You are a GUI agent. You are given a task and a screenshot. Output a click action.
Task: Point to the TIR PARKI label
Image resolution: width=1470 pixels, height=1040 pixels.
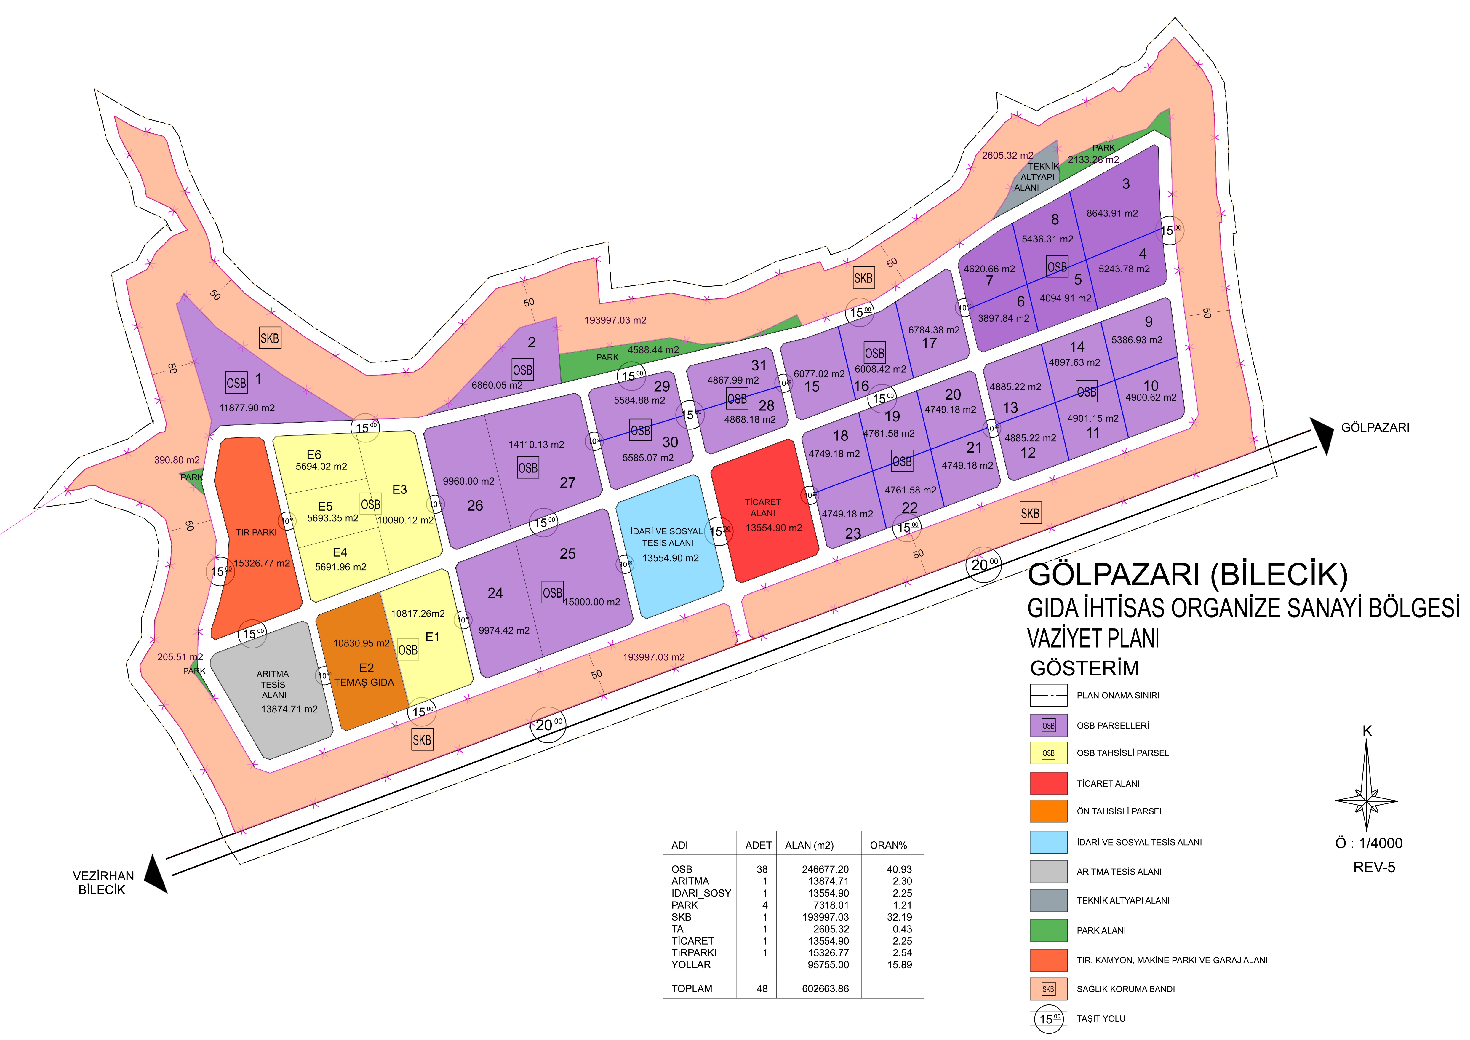256,532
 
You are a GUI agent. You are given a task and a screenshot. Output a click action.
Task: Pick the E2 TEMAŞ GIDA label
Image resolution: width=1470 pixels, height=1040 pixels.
364,676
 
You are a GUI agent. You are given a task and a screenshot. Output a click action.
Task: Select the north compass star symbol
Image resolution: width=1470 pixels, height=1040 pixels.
1366,801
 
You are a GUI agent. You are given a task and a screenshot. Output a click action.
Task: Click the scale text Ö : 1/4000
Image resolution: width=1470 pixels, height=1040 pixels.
1368,843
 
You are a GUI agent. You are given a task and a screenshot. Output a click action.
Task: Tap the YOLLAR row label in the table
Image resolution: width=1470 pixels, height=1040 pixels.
691,964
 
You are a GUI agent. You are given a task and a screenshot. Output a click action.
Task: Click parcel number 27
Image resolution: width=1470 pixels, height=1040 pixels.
567,483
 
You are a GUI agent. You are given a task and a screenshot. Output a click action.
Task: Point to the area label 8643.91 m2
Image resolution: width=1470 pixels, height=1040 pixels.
1112,213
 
